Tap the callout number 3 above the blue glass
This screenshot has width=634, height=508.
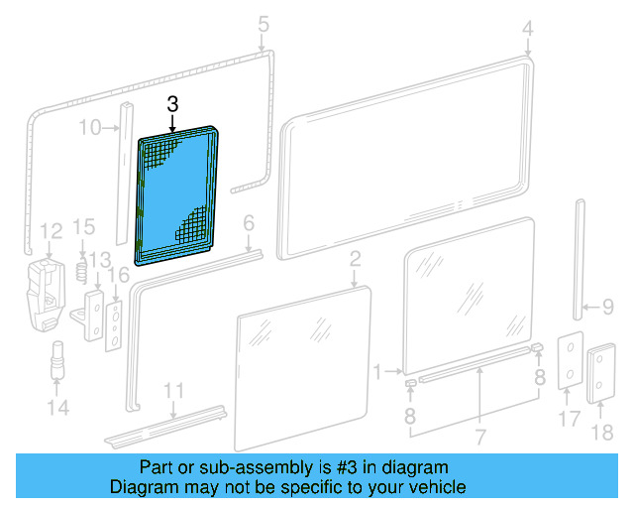172,104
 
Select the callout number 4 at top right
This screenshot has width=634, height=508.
528,28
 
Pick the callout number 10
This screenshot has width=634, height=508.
89,126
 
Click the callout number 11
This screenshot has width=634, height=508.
173,389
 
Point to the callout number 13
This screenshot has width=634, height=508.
99,260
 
